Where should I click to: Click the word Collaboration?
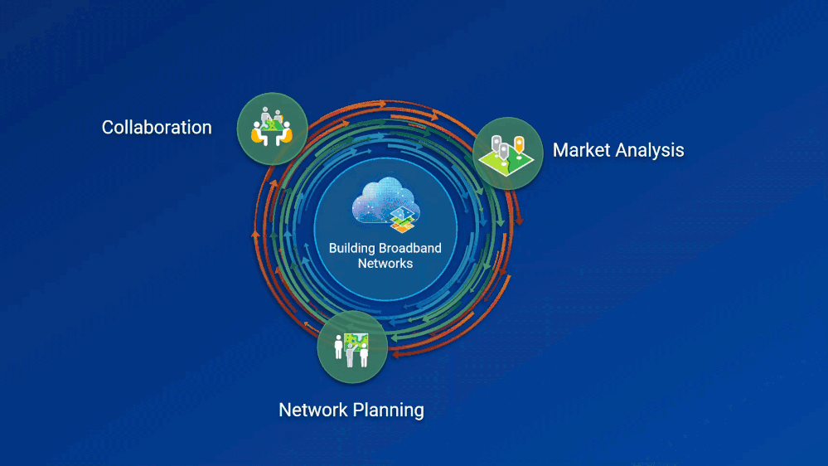point(157,128)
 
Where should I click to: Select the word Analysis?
point(653,151)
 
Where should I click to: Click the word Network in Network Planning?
point(312,410)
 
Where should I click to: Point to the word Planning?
point(389,410)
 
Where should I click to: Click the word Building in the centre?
point(352,248)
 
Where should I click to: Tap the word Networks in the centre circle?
point(385,264)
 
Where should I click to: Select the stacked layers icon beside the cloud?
point(403,219)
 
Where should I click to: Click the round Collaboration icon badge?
point(272,128)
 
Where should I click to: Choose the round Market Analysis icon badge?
point(507,153)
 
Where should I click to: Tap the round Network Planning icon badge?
point(352,347)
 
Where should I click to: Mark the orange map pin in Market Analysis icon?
point(520,145)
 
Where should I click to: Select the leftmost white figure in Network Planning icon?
point(338,347)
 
